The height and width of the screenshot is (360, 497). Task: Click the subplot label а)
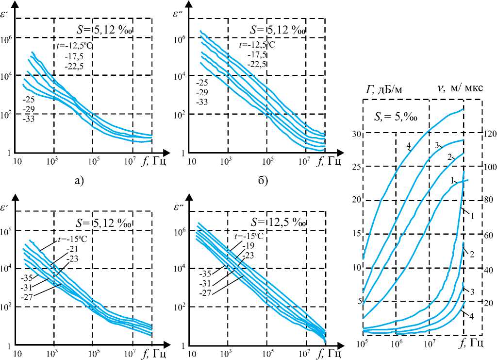click(79, 181)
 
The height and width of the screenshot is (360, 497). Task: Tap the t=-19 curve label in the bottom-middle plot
click(248, 245)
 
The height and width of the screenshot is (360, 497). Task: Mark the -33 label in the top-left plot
click(28, 119)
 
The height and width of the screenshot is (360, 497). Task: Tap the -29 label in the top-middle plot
click(202, 93)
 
